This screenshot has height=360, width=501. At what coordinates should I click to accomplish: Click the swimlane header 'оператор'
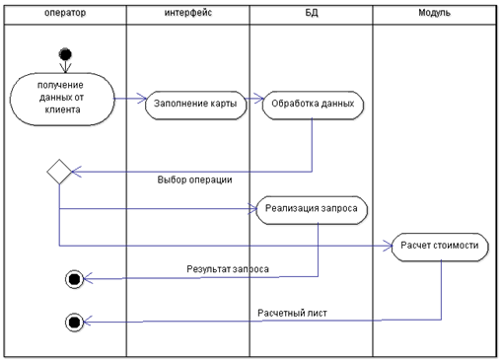65,13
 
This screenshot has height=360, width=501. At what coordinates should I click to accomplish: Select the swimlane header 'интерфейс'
188,13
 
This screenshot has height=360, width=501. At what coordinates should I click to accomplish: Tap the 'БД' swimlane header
312,13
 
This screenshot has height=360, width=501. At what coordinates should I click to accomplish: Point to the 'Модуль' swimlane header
434,13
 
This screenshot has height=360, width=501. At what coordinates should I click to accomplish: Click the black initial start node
65,54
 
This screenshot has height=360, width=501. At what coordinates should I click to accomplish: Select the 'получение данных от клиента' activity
62,99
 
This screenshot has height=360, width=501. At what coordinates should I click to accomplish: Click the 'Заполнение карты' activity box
195,105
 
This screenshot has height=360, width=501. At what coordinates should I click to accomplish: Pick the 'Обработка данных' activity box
313,105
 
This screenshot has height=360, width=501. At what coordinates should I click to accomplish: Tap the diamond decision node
59,172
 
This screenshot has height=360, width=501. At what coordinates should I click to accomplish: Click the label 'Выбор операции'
194,180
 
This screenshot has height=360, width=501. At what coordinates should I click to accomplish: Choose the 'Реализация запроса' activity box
312,210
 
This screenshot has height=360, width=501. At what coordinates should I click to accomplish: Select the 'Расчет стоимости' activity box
440,247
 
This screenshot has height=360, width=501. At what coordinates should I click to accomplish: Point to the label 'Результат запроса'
228,269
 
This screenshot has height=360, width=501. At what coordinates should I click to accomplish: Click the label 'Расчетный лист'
292,313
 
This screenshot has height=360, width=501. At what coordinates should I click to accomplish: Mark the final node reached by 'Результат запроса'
74,279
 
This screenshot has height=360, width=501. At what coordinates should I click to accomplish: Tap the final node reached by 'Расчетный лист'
74,323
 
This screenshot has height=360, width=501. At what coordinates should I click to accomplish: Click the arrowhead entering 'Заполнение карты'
142,99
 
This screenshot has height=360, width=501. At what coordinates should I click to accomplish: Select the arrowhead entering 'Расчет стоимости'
388,246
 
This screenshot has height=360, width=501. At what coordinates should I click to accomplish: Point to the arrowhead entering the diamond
77,172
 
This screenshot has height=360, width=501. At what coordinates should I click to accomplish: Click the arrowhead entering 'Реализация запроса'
252,209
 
